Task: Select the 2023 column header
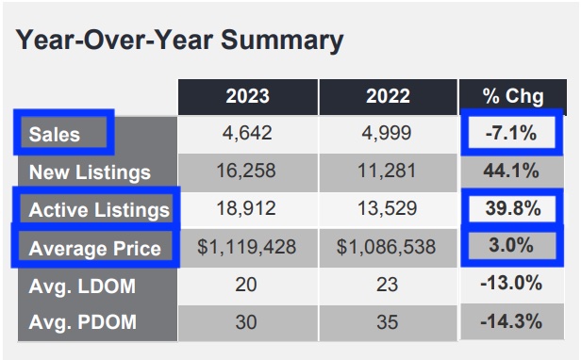248,95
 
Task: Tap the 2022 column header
387,95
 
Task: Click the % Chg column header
511,95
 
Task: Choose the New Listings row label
90,172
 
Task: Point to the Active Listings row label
99,209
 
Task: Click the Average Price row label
94,248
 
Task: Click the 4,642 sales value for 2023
248,133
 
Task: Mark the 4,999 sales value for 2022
387,133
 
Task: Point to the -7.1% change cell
511,133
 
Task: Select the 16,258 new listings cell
248,172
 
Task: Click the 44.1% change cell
511,172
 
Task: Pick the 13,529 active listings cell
387,208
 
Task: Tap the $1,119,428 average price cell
248,247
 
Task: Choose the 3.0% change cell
511,247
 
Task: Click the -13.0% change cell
511,284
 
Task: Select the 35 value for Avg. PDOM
387,321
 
